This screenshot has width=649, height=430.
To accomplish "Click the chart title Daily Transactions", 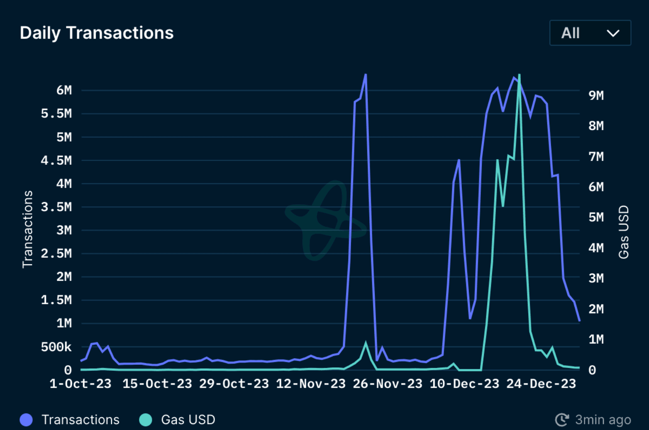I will (x=97, y=33).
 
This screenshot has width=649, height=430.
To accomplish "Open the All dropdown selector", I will (x=590, y=33).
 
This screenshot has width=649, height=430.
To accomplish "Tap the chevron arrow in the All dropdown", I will (x=613, y=33).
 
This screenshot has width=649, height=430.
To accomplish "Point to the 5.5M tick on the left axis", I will (x=56, y=114).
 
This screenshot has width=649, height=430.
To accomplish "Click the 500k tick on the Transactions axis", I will (x=56, y=347).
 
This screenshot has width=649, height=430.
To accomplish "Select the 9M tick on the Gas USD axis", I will (x=596, y=95).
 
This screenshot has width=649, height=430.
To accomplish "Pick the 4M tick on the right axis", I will (x=596, y=248).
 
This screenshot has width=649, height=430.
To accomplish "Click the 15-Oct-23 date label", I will (x=157, y=384).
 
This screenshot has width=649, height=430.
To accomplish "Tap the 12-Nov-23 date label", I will (x=311, y=384).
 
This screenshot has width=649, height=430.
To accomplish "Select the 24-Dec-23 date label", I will (x=541, y=384).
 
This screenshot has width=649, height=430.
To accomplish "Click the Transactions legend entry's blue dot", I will (x=26, y=420).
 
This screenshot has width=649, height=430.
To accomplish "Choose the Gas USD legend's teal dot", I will (x=146, y=420).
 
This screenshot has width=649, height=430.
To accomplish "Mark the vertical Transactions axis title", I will (x=27, y=229).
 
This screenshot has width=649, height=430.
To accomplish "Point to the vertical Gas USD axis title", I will (x=624, y=232).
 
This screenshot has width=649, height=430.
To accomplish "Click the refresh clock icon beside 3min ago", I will (x=562, y=420).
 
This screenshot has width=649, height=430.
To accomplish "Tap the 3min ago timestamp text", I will (x=603, y=420).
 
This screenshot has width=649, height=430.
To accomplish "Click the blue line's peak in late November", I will (x=366, y=75).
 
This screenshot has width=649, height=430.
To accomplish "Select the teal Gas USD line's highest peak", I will (x=519, y=75).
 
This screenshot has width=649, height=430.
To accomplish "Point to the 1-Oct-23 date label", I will (x=81, y=384).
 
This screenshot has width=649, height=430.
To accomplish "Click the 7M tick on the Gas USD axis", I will (x=596, y=156).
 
